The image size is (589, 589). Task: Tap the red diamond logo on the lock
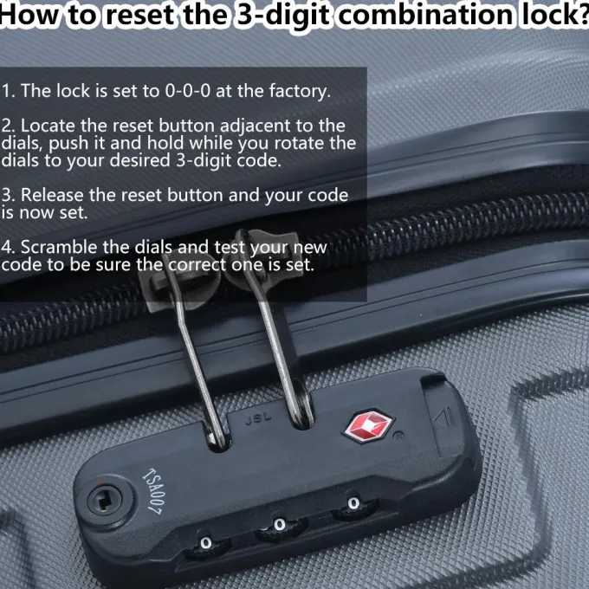(x=369, y=424)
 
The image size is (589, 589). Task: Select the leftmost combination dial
(x=205, y=543)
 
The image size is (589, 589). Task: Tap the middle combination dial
(x=278, y=525)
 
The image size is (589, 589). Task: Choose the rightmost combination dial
(x=353, y=503)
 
